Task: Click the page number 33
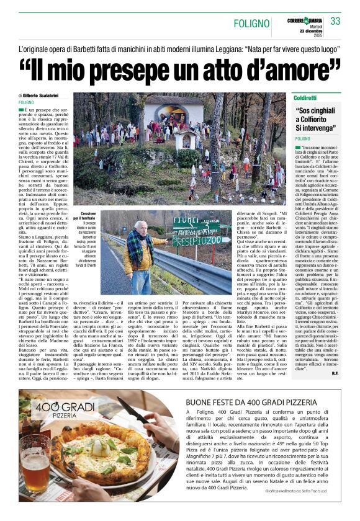click(x=335, y=21)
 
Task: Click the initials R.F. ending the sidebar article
click(x=335, y=355)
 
